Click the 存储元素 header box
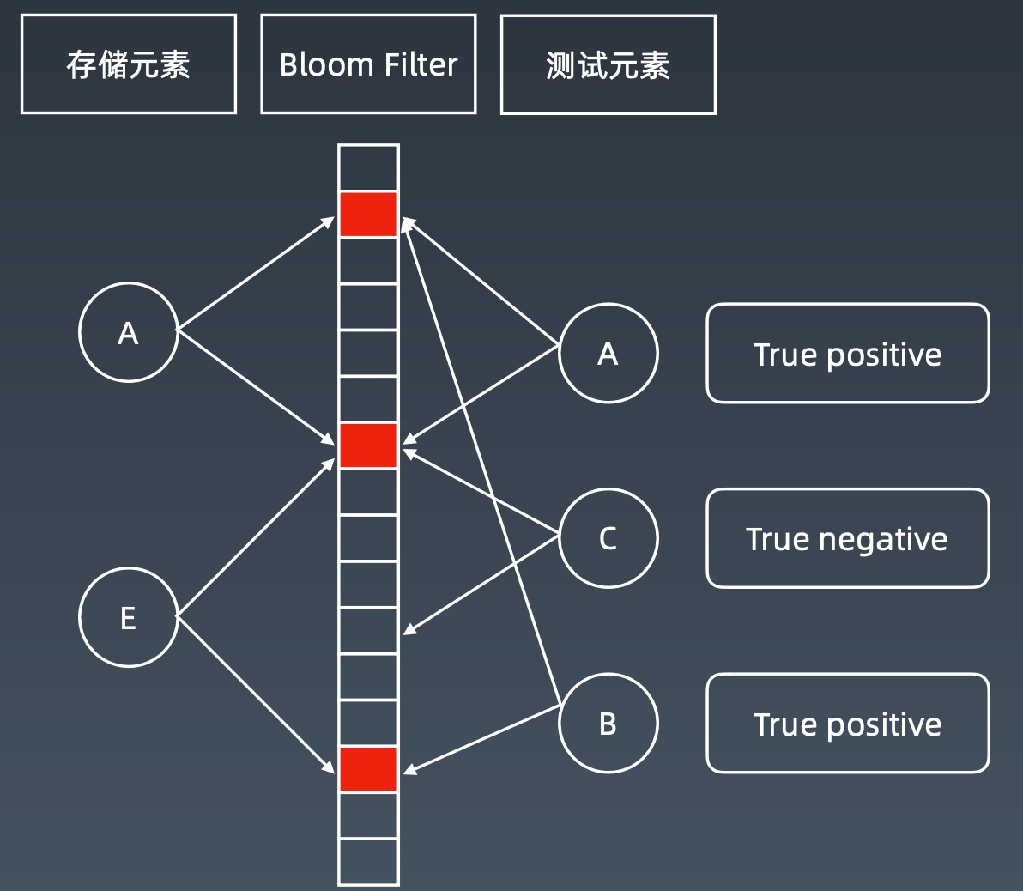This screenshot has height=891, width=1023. (129, 64)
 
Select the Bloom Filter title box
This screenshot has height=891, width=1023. (368, 64)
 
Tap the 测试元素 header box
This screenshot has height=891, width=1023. (608, 64)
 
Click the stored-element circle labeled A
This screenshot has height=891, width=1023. (128, 332)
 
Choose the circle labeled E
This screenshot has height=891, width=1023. (128, 617)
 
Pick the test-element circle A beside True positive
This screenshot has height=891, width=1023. (608, 353)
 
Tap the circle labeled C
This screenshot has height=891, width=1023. (608, 538)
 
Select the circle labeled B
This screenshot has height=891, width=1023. (608, 724)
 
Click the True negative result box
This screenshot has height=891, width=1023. (847, 538)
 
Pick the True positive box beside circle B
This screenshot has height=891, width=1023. (847, 724)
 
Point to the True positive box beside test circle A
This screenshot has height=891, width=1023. (847, 353)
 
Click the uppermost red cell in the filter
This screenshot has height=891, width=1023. (368, 215)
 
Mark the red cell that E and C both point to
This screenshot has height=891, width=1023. (368, 445)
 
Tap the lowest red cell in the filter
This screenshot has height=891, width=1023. (368, 769)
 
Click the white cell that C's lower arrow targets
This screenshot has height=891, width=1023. (368, 631)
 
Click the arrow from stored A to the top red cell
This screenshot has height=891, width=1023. (255, 275)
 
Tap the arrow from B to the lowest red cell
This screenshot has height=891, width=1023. (481, 739)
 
